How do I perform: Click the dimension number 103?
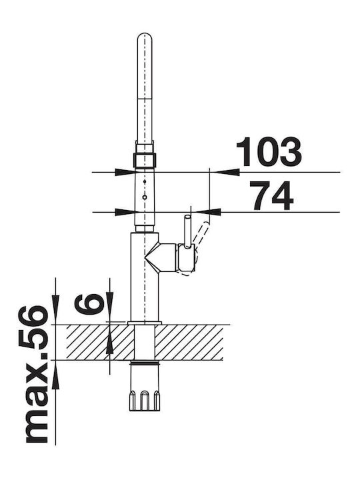coord(269,152)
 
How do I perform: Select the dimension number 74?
coord(272,195)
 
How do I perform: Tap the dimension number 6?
coord(88,303)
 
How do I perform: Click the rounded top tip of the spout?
coord(145,34)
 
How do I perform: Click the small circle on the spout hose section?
coord(145,197)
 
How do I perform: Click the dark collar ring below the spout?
coord(145,160)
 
